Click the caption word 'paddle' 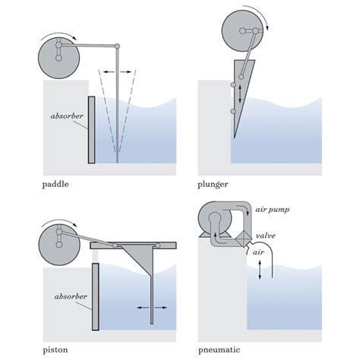57,184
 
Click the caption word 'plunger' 214,184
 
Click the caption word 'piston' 55,349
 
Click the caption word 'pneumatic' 220,349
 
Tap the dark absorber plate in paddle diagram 92,130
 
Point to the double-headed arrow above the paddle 119,71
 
